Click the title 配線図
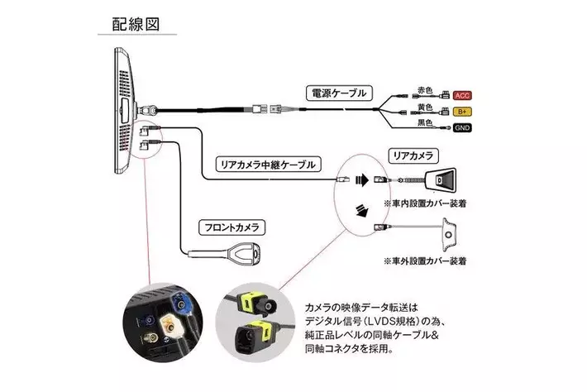click(137, 22)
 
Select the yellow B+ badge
click(462, 112)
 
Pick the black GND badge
click(461, 129)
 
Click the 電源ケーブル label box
click(338, 93)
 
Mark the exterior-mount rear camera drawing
click(447, 233)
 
